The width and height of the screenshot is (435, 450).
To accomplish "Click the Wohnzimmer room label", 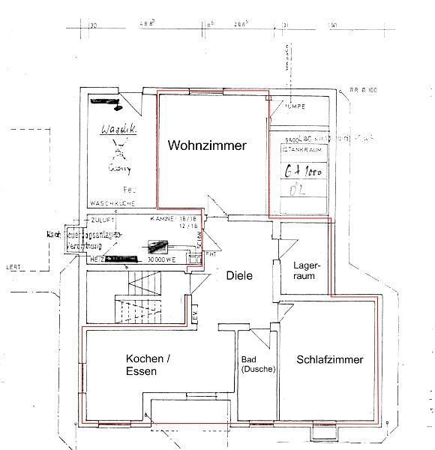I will (x=206, y=145).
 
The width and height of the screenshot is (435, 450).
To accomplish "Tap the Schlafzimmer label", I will (x=330, y=360).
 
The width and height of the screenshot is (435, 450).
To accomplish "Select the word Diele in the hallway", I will (x=239, y=275).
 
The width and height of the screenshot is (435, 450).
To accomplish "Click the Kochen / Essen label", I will (x=148, y=364).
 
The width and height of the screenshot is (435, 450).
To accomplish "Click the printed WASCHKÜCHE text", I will (x=111, y=203).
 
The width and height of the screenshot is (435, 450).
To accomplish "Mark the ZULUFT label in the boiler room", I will (x=101, y=223).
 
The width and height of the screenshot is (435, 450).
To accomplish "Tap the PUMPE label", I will (x=294, y=106).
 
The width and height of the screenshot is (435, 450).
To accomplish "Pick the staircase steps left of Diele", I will (x=139, y=300).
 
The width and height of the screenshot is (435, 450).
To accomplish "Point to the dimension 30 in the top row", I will (x=94, y=25).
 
